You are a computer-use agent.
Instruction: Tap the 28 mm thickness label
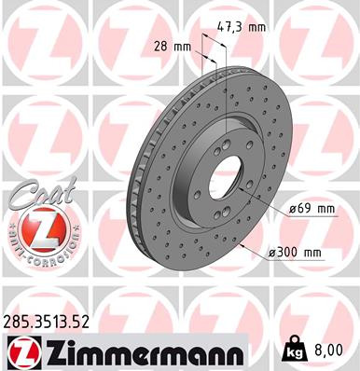click(x=173, y=46)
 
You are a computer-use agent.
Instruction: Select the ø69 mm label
click(x=312, y=210)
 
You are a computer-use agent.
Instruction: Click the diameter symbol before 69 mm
click(x=292, y=210)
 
